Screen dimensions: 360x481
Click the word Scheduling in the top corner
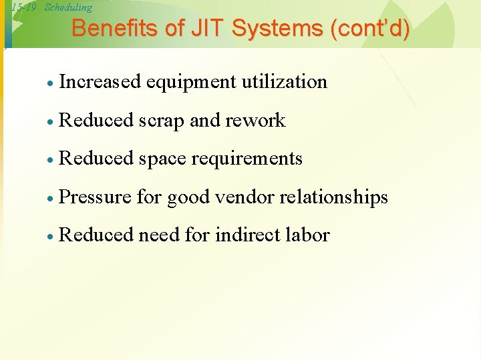point(67,7)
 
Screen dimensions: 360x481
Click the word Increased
point(100,82)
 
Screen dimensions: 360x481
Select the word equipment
point(191,82)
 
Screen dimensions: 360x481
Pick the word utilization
point(285,82)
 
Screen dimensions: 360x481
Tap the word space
point(162,159)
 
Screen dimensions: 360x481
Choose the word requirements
point(247,159)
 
